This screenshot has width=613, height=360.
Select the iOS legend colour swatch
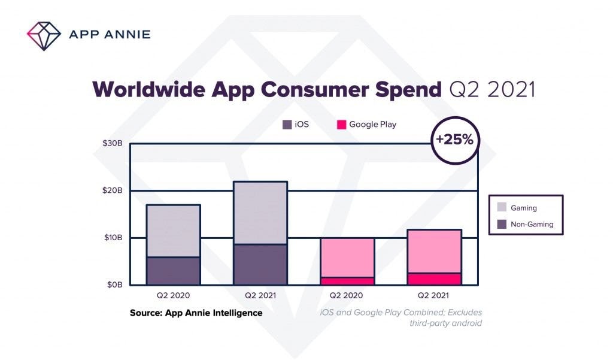click(287, 125)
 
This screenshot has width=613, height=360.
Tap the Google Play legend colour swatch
click(341, 125)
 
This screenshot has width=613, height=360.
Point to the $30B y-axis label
click(113, 144)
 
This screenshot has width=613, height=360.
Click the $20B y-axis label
click(113, 190)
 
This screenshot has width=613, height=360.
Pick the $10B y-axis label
click(113, 238)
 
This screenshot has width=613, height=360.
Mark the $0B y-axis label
click(114, 285)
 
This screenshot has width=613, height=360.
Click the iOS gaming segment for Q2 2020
click(173, 231)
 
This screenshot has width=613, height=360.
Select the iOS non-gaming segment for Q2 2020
click(173, 271)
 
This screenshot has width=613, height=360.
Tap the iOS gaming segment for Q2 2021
click(260, 213)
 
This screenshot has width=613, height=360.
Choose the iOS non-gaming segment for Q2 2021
click(260, 264)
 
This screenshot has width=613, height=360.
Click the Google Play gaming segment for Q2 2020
click(347, 258)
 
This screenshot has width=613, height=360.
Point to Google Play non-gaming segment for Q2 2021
click(434, 279)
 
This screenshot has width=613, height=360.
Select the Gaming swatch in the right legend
click(501, 208)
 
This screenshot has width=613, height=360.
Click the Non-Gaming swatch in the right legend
click(501, 225)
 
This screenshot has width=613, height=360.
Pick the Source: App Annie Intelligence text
click(196, 313)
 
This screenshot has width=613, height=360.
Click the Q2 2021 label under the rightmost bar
click(434, 295)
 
